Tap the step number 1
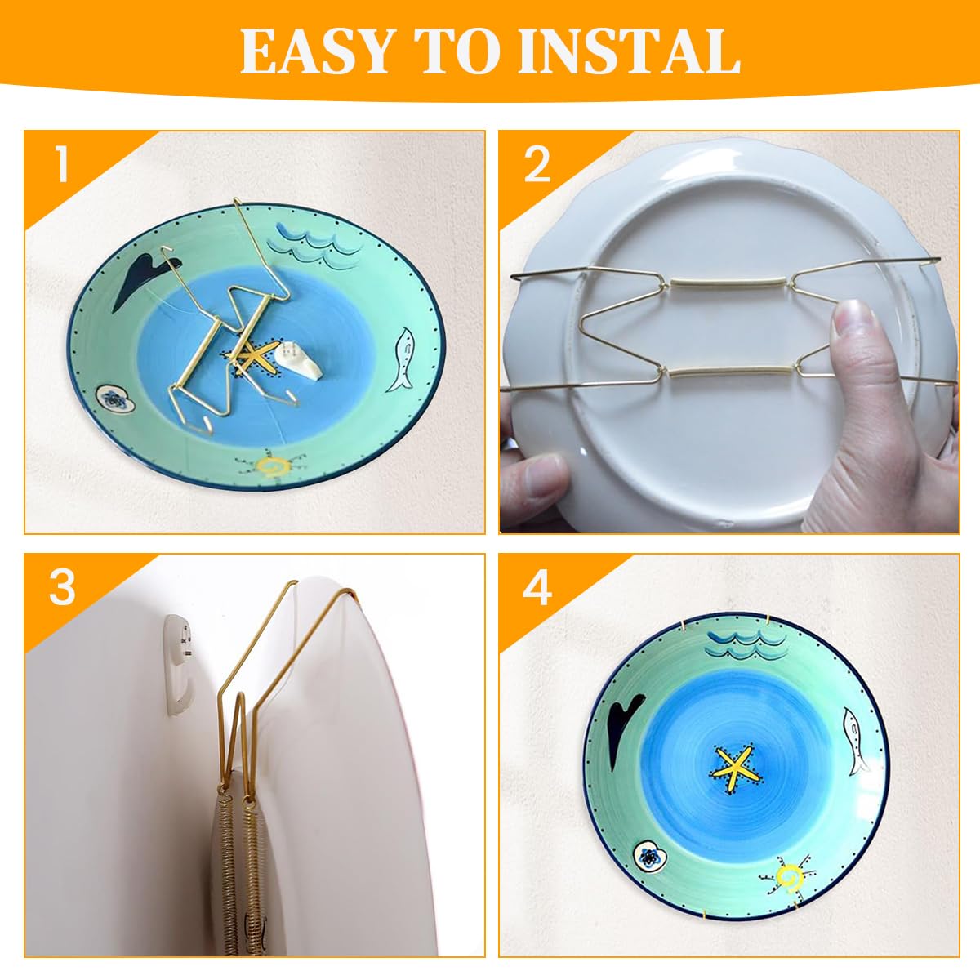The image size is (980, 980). pyautogui.click(x=61, y=166)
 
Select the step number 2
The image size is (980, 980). pyautogui.click(x=537, y=166)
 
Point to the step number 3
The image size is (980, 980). pyautogui.click(x=61, y=587)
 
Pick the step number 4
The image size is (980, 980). pyautogui.click(x=537, y=589)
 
